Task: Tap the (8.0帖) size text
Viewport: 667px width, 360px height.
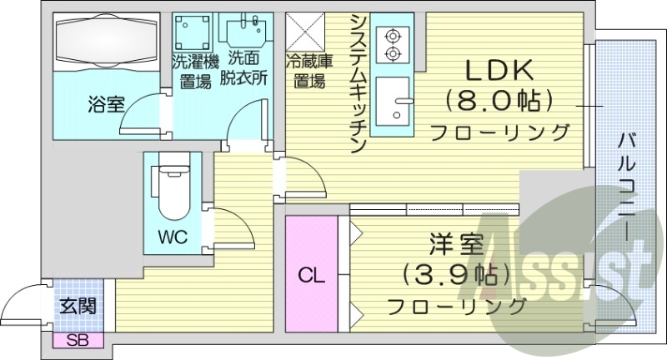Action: (x=500, y=102)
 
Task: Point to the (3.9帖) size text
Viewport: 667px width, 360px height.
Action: (x=455, y=275)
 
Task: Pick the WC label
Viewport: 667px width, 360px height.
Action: (x=173, y=236)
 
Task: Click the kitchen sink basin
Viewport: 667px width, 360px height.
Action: (x=391, y=104)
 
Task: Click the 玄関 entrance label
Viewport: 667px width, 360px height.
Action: (x=78, y=305)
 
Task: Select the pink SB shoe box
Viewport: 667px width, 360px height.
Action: (x=78, y=339)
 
